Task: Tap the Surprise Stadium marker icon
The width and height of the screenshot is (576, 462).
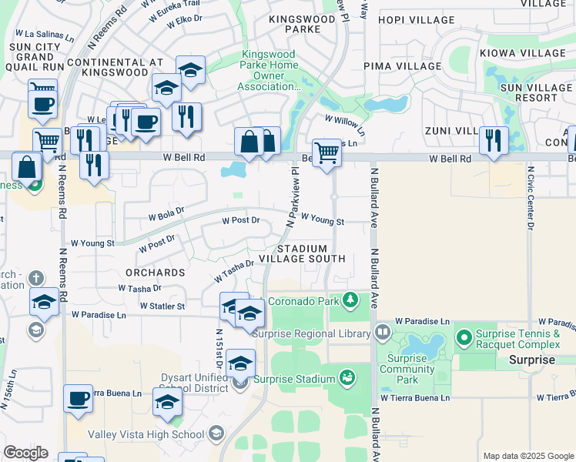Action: click(x=347, y=378)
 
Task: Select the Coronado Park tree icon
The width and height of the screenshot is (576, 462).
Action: click(x=350, y=299)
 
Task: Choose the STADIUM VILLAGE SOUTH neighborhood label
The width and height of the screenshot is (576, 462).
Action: click(x=301, y=253)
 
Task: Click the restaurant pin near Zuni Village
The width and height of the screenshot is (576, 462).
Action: click(x=493, y=141)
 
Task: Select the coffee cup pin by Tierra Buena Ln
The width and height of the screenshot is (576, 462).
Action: click(x=78, y=399)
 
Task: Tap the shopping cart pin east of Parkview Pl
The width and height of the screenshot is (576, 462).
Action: click(x=327, y=152)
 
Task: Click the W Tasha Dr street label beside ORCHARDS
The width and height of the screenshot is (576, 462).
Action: click(x=140, y=288)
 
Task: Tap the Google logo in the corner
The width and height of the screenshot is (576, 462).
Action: click(x=25, y=452)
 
